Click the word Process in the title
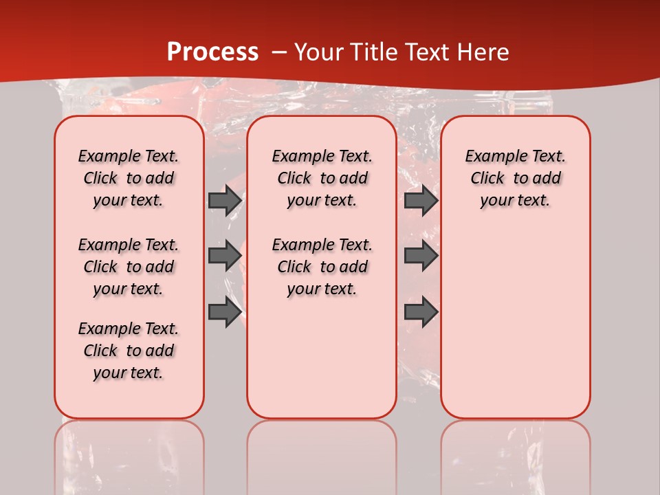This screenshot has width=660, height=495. click(x=212, y=52)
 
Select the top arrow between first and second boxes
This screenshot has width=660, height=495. click(x=225, y=201)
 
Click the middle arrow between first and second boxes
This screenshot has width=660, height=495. click(x=225, y=256)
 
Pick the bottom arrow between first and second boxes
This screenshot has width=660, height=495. click(x=225, y=312)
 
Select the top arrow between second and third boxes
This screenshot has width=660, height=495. click(x=421, y=201)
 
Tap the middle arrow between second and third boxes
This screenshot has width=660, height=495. click(x=421, y=256)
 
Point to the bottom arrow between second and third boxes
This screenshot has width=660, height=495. click(x=421, y=312)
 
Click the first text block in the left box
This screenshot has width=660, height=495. click(x=129, y=178)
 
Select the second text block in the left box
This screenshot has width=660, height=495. click(x=129, y=267)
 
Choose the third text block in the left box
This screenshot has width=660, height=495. click(x=129, y=351)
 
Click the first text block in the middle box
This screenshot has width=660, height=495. click(x=322, y=178)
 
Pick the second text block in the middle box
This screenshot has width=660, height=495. click(x=322, y=267)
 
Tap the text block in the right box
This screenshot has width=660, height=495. click(x=515, y=178)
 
